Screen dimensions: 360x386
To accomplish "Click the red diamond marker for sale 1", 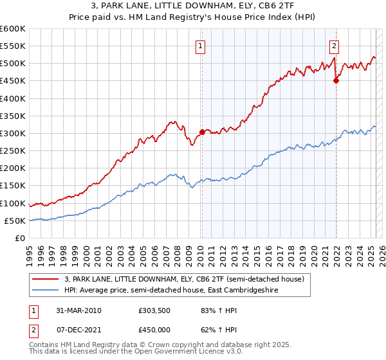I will tap(202, 132).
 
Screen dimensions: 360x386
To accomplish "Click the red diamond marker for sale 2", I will tap(336, 81).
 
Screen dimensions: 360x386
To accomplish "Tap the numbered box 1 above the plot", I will tap(201, 46).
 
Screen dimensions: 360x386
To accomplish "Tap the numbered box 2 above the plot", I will tap(335, 46).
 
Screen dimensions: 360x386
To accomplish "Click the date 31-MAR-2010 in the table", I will tap(78, 311).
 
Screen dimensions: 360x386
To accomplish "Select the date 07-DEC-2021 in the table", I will tap(78, 332).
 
